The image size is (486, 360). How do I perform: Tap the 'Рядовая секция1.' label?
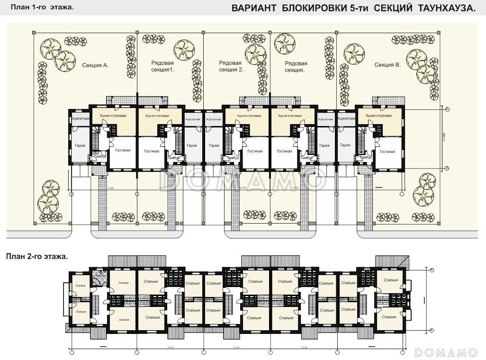click(x=162, y=66)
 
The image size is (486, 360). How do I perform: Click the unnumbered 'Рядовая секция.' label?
click(x=296, y=66)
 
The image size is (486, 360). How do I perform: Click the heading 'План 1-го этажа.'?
click(x=42, y=7)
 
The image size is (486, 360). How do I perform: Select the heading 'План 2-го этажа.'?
click(x=37, y=256)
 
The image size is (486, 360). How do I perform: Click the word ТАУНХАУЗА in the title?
click(x=446, y=8)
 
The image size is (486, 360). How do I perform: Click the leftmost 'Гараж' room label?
click(x=80, y=145)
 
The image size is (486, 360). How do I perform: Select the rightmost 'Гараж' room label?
click(x=345, y=145)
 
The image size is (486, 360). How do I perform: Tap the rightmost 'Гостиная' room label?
click(x=387, y=152)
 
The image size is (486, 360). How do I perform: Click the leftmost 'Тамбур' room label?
click(x=99, y=157)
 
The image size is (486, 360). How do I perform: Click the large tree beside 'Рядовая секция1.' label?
click(x=184, y=49)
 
